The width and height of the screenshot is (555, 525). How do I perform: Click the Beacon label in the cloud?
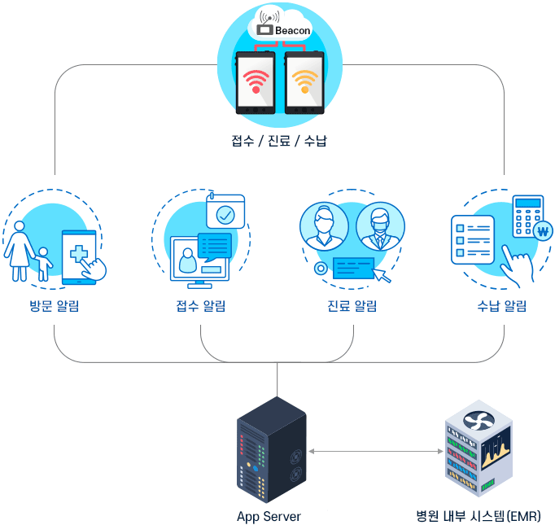point(292,30)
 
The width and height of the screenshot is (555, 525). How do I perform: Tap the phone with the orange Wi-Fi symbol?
point(304,83)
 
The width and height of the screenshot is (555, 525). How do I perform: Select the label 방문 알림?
point(54,306)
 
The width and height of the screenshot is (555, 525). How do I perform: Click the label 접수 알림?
point(201,306)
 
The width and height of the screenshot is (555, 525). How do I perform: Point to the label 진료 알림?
point(352,306)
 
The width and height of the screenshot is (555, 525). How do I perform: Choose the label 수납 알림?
point(501,306)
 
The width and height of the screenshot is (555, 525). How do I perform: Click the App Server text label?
point(269,516)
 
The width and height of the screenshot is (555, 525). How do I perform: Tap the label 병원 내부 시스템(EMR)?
point(478,516)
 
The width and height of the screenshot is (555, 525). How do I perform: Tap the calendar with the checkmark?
point(225,212)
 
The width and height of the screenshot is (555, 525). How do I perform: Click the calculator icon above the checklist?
point(527,213)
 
